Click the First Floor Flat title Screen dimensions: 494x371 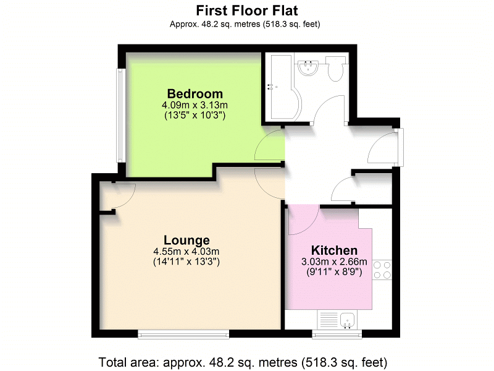point(246,11)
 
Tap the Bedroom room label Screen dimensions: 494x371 point(195,94)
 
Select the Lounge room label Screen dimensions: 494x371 point(186,240)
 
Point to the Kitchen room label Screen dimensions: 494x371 point(334,250)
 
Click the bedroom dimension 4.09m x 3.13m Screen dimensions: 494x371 point(195,104)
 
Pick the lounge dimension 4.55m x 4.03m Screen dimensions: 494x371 point(186,252)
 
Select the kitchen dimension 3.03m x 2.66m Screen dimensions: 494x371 point(334,262)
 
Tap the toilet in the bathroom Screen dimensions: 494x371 point(335,69)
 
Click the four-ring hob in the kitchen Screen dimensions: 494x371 point(382,270)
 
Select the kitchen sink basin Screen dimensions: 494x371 point(348,320)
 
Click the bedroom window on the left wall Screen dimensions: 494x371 point(120,116)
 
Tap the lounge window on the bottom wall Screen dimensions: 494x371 point(183,335)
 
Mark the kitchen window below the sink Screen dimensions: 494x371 point(337,335)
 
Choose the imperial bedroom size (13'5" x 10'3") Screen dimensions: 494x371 point(195,116)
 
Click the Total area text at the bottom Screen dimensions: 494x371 point(243,362)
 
